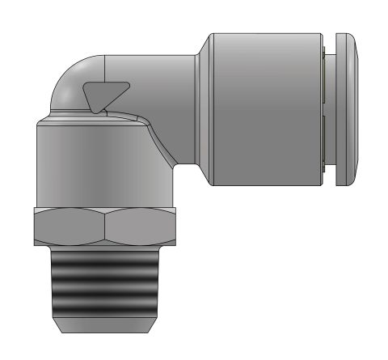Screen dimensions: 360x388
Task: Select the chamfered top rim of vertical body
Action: click(89, 119)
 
